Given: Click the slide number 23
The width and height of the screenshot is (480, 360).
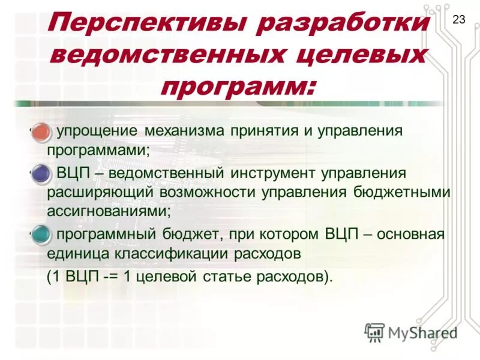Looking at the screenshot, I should click(458, 20).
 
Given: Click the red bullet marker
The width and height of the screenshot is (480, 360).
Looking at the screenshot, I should click(41, 131).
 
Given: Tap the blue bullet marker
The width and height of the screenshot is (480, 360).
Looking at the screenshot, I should click(41, 173).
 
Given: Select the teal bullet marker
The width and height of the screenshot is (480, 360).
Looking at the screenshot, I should click(41, 234).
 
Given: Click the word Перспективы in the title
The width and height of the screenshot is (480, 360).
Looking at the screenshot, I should click(143, 25).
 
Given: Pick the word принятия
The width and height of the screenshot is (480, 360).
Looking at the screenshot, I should click(267, 131).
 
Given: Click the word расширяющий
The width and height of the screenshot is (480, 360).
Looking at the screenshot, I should click(101, 193).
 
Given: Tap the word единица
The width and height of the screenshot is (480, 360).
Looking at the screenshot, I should click(77, 253).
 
